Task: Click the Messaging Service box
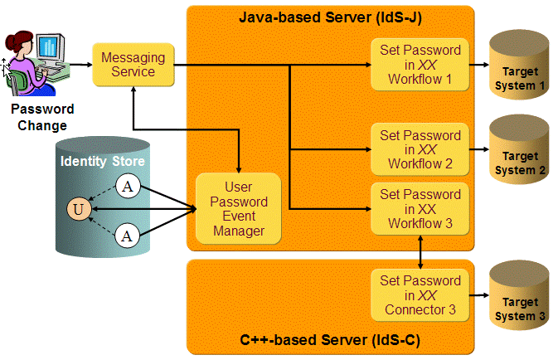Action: tap(133, 64)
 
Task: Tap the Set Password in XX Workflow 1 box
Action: tap(420, 65)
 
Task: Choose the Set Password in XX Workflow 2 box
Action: tap(420, 149)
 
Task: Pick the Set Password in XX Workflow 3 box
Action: tap(420, 209)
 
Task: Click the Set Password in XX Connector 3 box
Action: tap(420, 295)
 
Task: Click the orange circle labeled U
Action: tap(79, 210)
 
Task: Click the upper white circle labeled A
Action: tap(127, 186)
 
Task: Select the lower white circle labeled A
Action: tap(127, 236)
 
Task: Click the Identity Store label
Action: tap(103, 160)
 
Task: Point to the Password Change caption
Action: tap(41, 117)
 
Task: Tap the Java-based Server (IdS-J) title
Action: tap(330, 17)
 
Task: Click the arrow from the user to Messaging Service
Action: tap(80, 64)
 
